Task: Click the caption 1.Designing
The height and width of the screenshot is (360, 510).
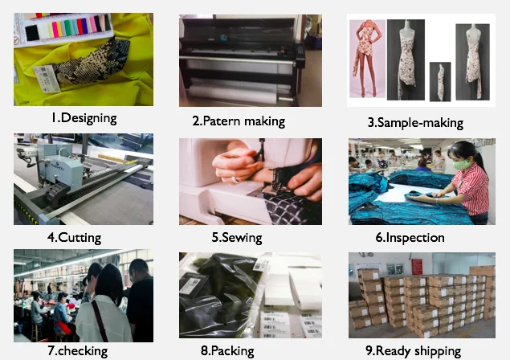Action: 84,118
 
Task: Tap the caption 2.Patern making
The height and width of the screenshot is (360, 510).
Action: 239,121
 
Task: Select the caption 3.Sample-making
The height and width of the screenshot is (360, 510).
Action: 415,123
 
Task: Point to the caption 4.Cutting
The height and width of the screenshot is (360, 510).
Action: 74,238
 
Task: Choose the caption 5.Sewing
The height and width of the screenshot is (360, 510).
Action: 237,238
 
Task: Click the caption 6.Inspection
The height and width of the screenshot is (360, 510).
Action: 410,238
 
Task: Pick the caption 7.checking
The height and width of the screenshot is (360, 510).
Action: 77,351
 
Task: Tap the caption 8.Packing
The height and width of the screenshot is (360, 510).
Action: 227,351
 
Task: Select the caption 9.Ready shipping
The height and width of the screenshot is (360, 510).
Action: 413,351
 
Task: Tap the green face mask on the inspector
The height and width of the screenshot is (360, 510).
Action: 462,165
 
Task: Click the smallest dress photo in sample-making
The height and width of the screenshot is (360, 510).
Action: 440,82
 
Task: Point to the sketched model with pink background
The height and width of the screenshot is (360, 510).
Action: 367,59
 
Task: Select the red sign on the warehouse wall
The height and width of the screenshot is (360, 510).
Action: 417,267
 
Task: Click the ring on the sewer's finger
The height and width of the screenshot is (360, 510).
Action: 235,179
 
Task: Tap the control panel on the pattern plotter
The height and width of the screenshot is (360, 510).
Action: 300,51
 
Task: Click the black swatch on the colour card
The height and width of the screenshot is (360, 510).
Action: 32,33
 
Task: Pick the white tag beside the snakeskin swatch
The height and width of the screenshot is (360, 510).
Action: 47,78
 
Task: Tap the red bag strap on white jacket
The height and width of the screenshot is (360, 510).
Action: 100,321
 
